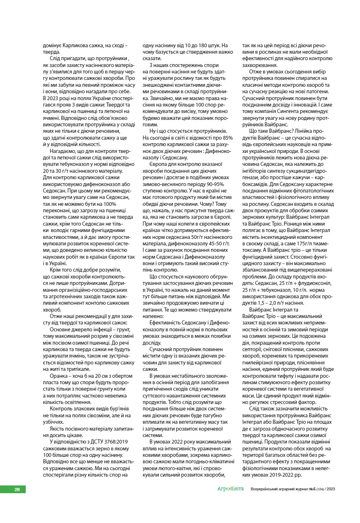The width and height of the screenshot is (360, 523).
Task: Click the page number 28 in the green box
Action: pos(17,490)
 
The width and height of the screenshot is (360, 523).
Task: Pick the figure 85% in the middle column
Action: pos(227,138)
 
